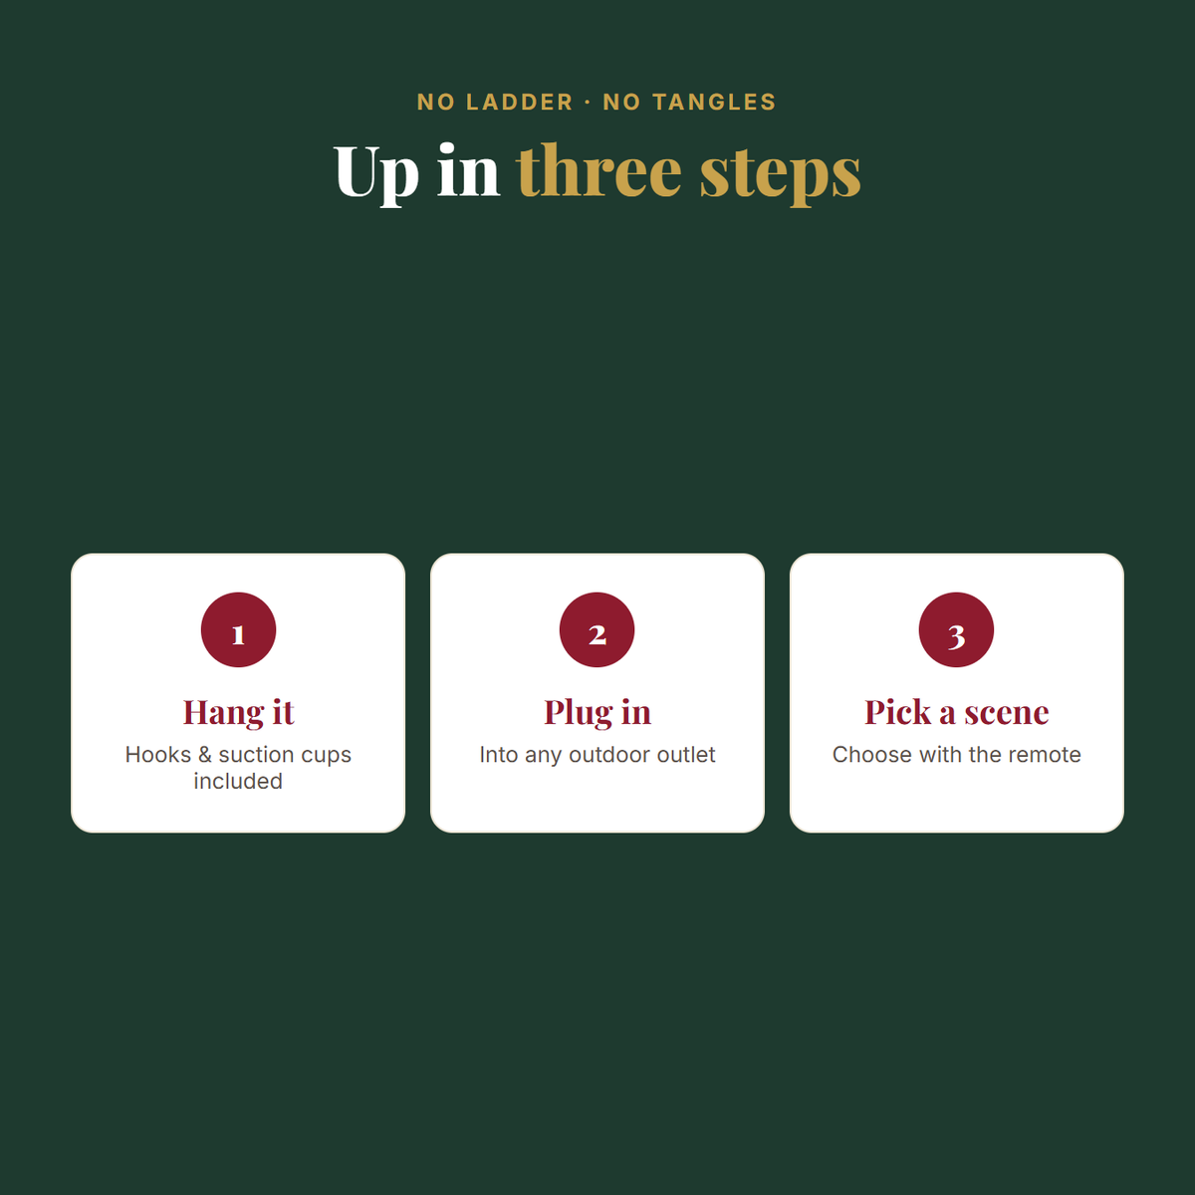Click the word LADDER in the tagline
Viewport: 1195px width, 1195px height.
coord(519,103)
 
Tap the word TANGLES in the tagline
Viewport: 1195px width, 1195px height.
coord(714,103)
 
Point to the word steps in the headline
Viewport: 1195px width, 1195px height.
coord(780,175)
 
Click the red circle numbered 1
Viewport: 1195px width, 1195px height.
coord(238,629)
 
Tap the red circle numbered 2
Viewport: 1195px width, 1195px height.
coord(597,629)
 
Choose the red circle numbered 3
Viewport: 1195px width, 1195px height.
coord(956,629)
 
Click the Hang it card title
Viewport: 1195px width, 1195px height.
coord(238,712)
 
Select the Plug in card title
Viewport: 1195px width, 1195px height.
coord(597,712)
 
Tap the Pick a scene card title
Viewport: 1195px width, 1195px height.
coord(956,712)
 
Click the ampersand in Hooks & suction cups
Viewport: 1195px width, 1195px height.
coord(205,755)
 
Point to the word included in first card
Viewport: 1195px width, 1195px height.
coord(238,781)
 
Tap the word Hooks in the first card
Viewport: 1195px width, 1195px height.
coord(158,754)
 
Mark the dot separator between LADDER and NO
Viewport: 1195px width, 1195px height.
coord(588,103)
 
